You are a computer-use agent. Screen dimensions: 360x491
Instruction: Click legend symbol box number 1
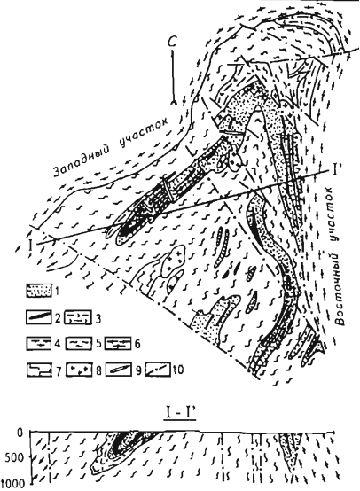38,291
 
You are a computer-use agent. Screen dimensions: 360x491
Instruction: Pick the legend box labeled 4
38,343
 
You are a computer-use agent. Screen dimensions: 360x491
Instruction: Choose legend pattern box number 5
79,343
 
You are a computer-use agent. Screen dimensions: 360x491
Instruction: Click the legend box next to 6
118,343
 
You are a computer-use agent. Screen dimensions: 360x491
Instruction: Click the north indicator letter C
173,42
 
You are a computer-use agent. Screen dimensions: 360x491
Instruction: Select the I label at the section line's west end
31,245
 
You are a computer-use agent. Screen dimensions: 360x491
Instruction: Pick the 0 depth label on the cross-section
20,433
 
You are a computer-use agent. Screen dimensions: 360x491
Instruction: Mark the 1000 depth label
12,484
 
